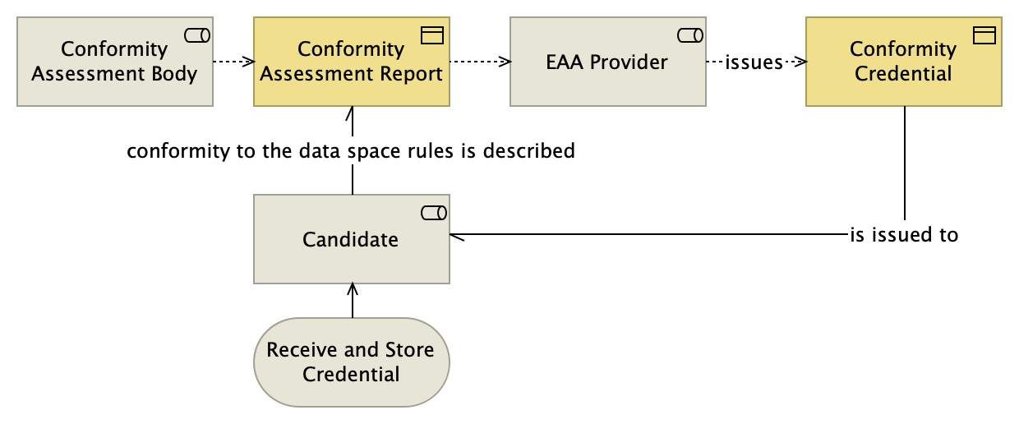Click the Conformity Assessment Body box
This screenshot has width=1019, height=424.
click(x=114, y=62)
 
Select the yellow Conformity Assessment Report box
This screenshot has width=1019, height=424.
click(x=352, y=62)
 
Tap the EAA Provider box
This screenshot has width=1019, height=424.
click(x=607, y=62)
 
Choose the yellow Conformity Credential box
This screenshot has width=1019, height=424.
click(x=903, y=62)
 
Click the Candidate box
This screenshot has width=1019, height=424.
click(x=351, y=240)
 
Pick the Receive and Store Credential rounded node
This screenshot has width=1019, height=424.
click(x=352, y=362)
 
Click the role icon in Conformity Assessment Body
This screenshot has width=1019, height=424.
click(x=196, y=35)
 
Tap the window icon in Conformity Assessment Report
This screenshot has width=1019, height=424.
click(x=432, y=35)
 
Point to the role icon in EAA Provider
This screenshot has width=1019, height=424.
click(x=689, y=35)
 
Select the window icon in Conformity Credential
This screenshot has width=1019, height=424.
click(x=984, y=35)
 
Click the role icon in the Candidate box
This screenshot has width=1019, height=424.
click(x=433, y=214)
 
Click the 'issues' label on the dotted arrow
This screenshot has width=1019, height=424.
click(x=754, y=62)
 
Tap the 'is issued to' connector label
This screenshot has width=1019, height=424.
click(x=904, y=235)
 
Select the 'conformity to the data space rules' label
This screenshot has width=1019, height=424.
click(x=351, y=152)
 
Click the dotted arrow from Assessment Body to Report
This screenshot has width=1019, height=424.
click(x=233, y=62)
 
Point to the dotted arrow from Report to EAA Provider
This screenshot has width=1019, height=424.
click(x=480, y=62)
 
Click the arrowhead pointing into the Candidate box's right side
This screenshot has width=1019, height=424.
click(x=457, y=235)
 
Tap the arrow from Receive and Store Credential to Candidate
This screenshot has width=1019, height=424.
click(x=353, y=301)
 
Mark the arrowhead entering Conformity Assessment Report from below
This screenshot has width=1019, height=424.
click(x=353, y=113)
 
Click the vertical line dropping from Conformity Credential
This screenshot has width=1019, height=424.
click(x=905, y=164)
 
